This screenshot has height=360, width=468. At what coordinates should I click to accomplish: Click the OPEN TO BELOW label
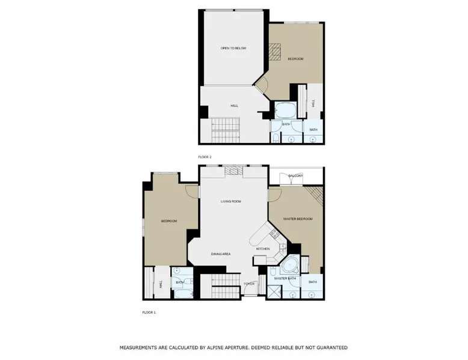click(233, 48)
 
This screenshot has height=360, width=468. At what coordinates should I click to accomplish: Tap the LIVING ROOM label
click(231, 201)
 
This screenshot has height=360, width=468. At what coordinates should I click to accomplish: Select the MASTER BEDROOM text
click(298, 219)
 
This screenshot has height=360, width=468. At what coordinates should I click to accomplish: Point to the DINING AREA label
click(221, 254)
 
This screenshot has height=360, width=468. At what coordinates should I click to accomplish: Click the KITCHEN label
click(263, 249)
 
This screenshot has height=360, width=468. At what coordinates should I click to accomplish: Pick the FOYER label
click(249, 284)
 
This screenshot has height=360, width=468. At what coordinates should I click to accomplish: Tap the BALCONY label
click(295, 175)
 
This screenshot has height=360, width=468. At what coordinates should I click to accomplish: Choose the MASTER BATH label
click(285, 278)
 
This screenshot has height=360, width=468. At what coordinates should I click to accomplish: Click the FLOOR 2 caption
click(205, 157)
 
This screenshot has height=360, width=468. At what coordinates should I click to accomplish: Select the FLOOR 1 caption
click(149, 313)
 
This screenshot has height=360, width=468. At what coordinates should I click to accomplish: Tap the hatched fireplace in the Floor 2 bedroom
click(274, 52)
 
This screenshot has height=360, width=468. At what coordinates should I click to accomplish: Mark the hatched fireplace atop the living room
click(234, 171)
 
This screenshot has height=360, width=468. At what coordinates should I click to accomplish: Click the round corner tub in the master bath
click(289, 266)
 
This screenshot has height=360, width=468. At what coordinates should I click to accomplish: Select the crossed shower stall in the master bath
click(274, 291)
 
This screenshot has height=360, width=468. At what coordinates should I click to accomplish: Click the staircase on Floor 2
click(226, 130)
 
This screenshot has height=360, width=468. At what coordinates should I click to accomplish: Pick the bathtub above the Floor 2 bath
click(285, 110)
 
